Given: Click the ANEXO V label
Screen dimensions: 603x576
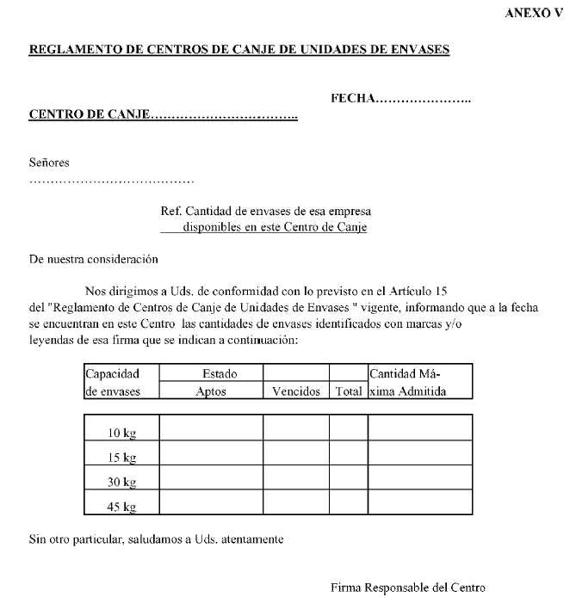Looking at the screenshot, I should pyautogui.click(x=538, y=15).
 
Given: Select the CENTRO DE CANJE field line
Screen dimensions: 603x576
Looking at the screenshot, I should pyautogui.click(x=164, y=114).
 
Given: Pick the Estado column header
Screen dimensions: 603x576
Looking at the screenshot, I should pyautogui.click(x=219, y=374).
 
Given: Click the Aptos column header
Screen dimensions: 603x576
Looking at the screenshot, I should pyautogui.click(x=211, y=391).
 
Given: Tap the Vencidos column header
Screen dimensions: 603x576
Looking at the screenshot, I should pyautogui.click(x=296, y=391).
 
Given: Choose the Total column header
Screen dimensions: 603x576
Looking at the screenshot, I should pyautogui.click(x=349, y=391).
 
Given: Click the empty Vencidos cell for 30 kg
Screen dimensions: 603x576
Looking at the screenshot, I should pyautogui.click(x=296, y=477).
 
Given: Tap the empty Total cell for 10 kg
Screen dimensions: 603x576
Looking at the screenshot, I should pyautogui.click(x=349, y=428).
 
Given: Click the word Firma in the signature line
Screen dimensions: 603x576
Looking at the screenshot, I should pyautogui.click(x=346, y=588).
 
